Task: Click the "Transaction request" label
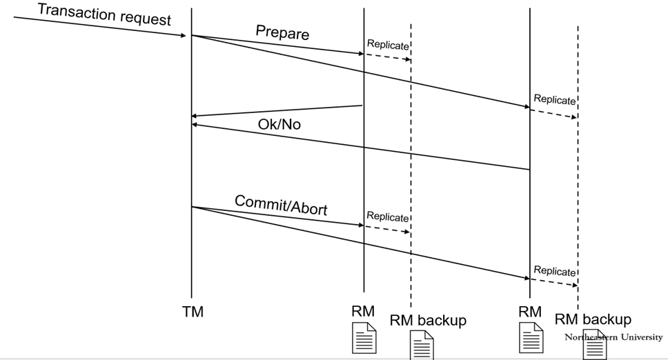click(104, 14)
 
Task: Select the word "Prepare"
click(282, 32)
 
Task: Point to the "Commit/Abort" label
click(281, 205)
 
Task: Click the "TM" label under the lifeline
click(193, 312)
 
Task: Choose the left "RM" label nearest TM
click(363, 311)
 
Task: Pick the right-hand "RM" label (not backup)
click(529, 311)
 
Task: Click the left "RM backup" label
click(428, 320)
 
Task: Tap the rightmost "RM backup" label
click(593, 319)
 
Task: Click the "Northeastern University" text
click(613, 337)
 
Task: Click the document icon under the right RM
click(531, 338)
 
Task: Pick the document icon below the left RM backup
click(422, 346)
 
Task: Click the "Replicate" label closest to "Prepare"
click(388, 44)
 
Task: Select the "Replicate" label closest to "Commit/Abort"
click(388, 217)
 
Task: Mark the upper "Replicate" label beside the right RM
click(554, 99)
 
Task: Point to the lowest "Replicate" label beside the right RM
click(554, 271)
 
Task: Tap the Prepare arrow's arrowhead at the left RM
click(360, 52)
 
